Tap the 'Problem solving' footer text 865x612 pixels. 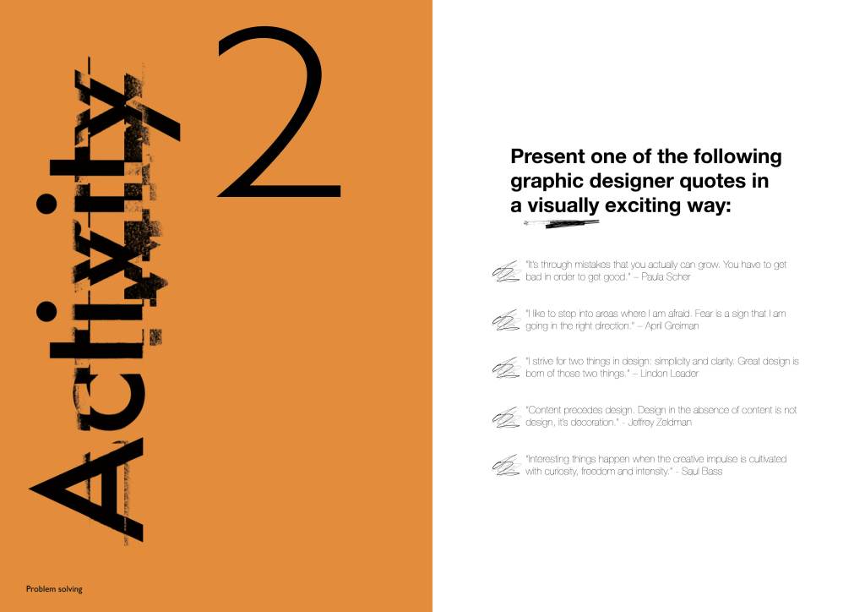pos(54,589)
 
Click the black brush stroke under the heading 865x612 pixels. pos(562,223)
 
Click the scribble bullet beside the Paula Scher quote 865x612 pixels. pos(506,271)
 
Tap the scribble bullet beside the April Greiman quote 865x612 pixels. pos(506,320)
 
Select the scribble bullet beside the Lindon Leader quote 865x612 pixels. pos(506,368)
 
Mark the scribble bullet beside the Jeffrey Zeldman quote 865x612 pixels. pos(506,418)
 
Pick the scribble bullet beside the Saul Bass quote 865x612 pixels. pos(506,465)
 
